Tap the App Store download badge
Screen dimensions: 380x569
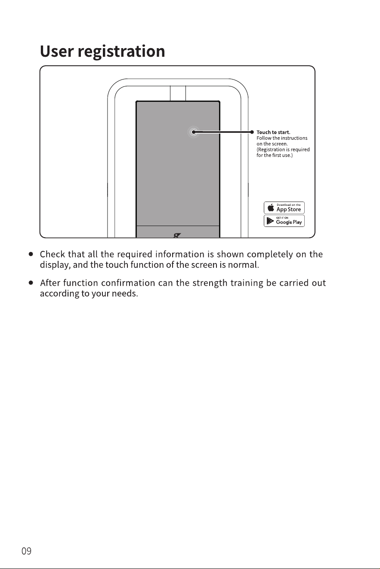pos(284,208)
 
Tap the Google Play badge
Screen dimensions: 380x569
pos(284,221)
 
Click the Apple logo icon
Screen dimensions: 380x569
pos(271,207)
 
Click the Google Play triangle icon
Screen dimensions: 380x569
pos(270,221)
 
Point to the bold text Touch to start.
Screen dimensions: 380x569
pos(273,132)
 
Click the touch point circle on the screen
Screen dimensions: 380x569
pos(194,132)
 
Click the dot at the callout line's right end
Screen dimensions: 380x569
pos(252,132)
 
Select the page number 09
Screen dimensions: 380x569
pos(26,551)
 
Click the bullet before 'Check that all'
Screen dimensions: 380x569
pos(31,254)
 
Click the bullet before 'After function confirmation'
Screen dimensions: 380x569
pos(31,283)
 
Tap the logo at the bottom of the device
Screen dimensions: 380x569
pos(177,236)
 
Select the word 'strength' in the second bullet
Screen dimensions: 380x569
pos(210,283)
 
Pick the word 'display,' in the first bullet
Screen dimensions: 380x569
pos(55,265)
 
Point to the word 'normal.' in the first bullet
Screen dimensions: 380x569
pos(244,265)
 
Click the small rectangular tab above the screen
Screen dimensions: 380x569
pos(178,94)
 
